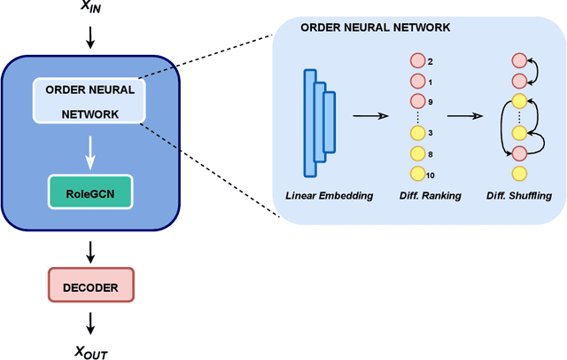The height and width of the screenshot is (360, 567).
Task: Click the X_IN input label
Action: tap(90, 8)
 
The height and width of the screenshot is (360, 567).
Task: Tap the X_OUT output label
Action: tap(91, 352)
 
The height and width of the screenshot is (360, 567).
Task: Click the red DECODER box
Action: tap(91, 286)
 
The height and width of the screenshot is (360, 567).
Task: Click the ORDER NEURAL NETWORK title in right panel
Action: tap(376, 27)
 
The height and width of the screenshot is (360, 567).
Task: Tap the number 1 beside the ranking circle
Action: tap(431, 82)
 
